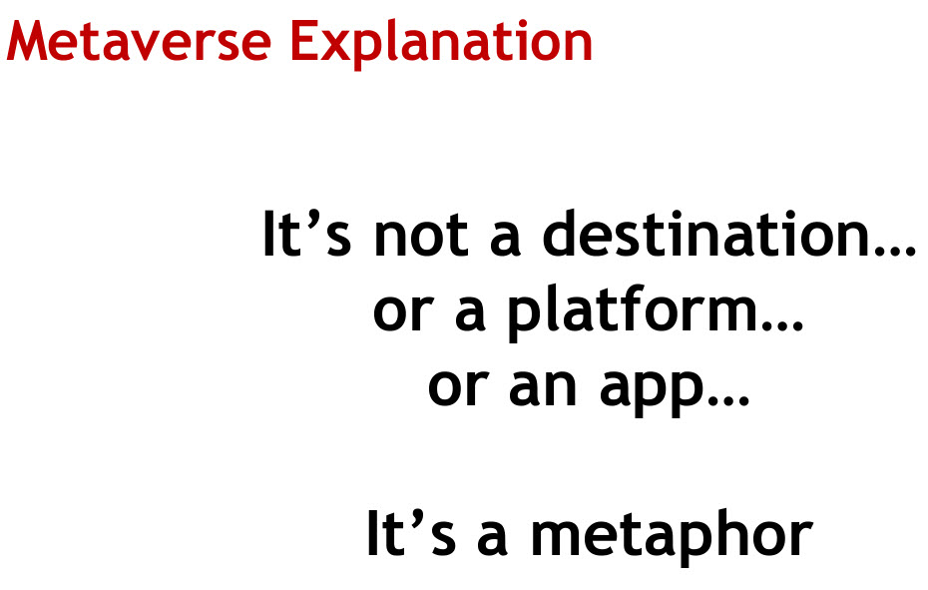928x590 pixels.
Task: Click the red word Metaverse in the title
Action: coord(139,41)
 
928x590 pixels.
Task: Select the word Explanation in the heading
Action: coord(441,44)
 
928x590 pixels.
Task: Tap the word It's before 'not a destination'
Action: coord(307,234)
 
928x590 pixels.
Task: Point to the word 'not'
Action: coord(421,236)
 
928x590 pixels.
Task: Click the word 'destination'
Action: coord(706,234)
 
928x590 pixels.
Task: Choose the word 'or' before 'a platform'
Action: coord(403,311)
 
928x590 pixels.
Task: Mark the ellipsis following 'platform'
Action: coord(782,325)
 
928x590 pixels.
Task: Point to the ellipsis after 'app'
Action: coord(728,400)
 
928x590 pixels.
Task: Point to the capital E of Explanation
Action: coord(304,42)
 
